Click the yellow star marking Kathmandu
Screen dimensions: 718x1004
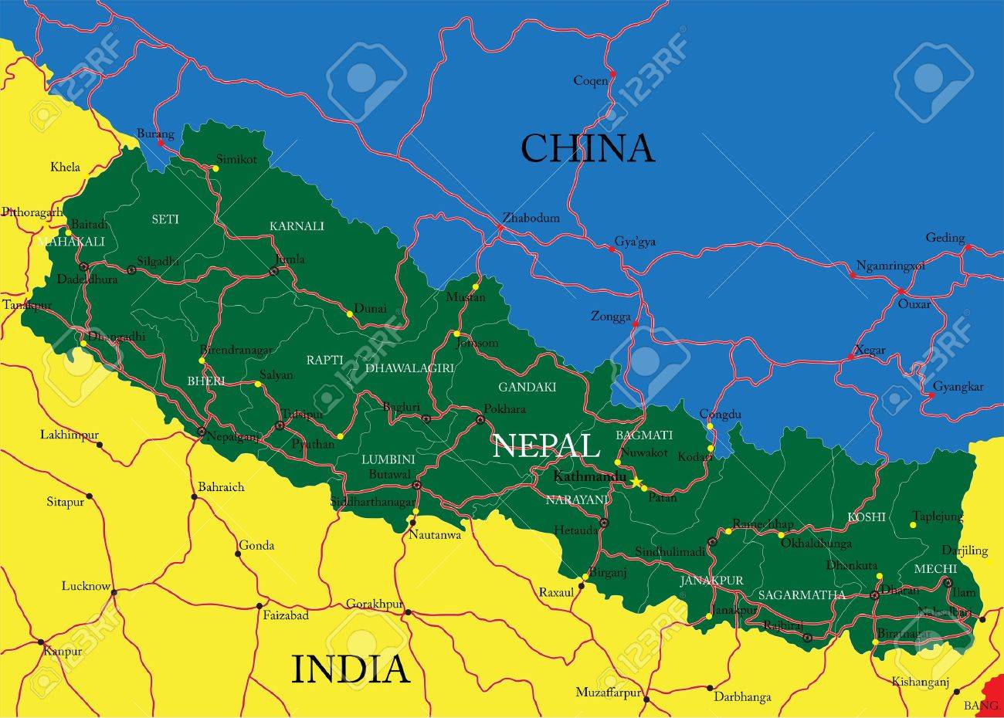tap(636, 482)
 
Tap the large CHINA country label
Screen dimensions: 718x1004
tap(587, 147)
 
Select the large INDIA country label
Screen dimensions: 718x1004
tap(350, 669)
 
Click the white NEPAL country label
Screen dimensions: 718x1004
tap(546, 446)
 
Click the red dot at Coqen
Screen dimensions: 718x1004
tap(612, 74)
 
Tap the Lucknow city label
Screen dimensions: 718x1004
tap(86, 586)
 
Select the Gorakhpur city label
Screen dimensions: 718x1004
tap(375, 603)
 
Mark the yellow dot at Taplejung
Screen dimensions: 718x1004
tap(913, 525)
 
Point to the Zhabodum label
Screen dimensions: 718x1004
tap(531, 218)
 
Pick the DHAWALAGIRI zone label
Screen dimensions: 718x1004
tap(409, 368)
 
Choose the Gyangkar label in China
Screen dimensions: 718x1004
tap(958, 387)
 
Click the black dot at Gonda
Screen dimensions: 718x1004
tap(238, 554)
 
